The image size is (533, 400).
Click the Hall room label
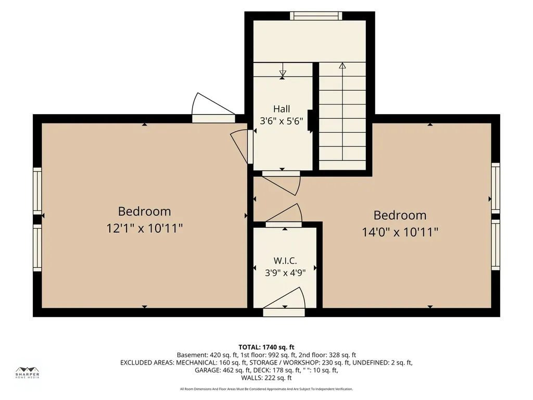click(x=282, y=109)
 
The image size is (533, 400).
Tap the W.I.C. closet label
click(x=285, y=261)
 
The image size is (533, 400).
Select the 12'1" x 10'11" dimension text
click(x=145, y=228)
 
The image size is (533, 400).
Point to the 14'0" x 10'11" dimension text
click(x=400, y=232)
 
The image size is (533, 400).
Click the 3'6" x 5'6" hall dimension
click(x=282, y=121)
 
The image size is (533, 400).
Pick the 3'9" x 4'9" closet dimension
click(x=285, y=272)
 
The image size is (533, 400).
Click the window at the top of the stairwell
click(x=316, y=16)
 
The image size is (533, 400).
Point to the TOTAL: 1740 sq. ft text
click(x=266, y=347)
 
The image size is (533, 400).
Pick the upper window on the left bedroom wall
click(x=37, y=191)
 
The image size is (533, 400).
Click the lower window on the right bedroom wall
click(x=496, y=245)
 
